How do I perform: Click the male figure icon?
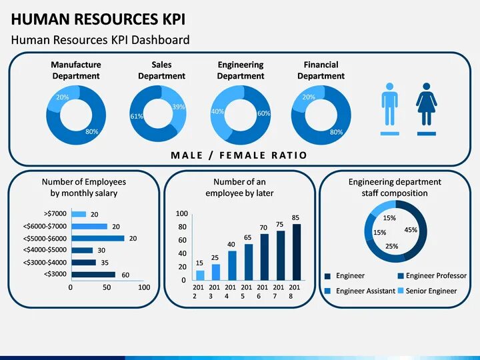point(389,105)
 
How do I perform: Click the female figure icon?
point(426,105)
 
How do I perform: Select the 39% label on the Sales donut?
point(179,107)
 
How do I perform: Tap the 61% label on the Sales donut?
point(137,117)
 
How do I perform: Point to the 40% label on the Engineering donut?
point(217,112)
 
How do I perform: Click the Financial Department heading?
point(321,70)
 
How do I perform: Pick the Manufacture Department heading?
point(76,70)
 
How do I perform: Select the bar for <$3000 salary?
point(93,274)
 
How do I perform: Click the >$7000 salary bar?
point(79,214)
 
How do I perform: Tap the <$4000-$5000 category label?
point(45,250)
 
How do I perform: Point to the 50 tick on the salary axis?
point(107,287)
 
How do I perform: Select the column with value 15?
point(200,274)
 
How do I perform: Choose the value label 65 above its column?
point(247,237)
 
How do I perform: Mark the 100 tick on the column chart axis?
point(182,213)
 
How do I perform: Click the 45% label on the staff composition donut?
point(411,230)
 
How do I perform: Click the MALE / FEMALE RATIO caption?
point(239,155)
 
